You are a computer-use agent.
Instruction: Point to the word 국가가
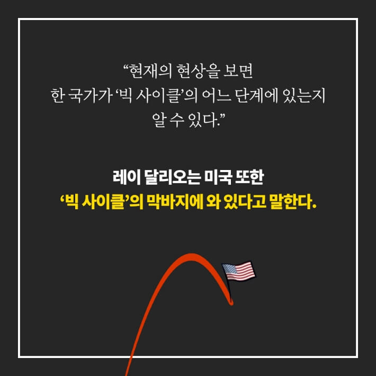tap(86, 96)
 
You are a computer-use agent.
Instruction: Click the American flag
tap(238, 272)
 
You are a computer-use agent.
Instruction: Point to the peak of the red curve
tap(190, 256)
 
